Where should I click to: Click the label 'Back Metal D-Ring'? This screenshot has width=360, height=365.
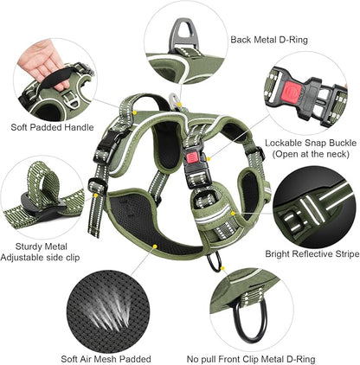click(x=269, y=40)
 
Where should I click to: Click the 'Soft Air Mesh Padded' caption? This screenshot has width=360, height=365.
click(x=107, y=358)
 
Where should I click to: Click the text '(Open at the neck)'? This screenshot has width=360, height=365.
click(x=305, y=153)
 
